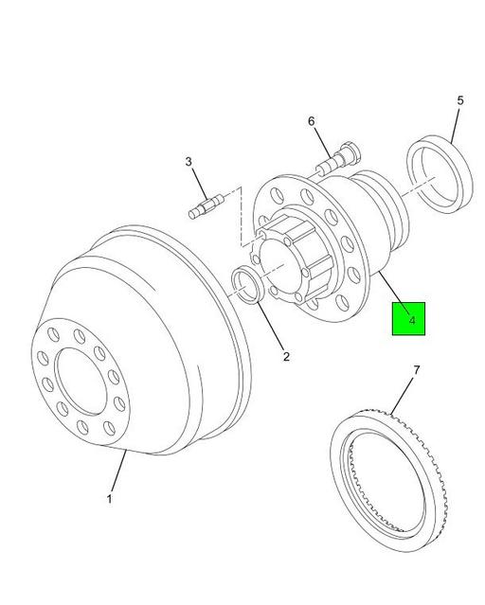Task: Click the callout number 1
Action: pyautogui.click(x=109, y=499)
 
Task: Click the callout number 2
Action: pyautogui.click(x=285, y=357)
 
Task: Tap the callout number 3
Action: pyautogui.click(x=189, y=163)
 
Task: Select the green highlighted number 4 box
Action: pyautogui.click(x=409, y=319)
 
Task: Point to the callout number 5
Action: pyautogui.click(x=459, y=100)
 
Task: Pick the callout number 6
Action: pyautogui.click(x=309, y=121)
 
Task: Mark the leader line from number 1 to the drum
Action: pyautogui.click(x=117, y=472)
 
